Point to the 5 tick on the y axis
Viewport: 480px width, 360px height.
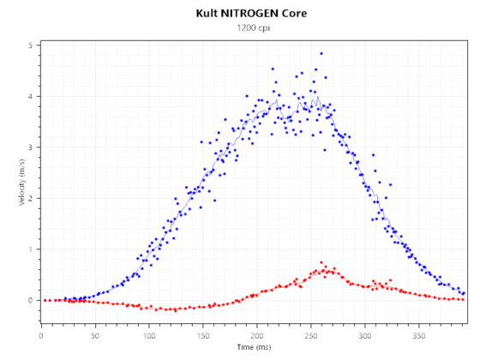click(31, 45)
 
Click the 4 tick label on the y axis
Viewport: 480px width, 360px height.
click(31, 96)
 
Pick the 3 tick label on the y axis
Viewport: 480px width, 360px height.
click(31, 147)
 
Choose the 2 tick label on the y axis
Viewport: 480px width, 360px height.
click(31, 198)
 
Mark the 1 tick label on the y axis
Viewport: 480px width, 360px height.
click(31, 249)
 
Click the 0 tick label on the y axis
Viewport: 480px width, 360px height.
click(31, 301)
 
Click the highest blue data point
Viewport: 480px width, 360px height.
click(321, 53)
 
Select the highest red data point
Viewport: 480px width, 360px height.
click(321, 262)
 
